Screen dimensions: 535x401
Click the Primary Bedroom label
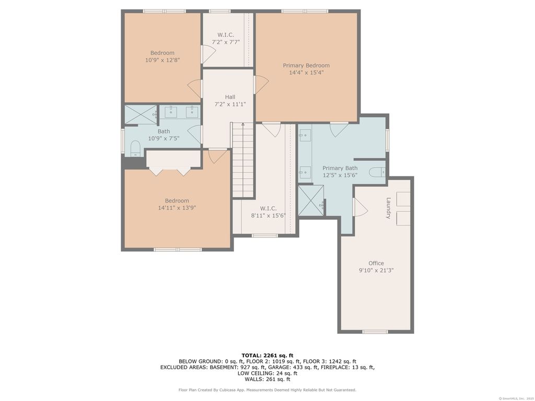coord(306,65)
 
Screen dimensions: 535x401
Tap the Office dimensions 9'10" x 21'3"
coord(376,270)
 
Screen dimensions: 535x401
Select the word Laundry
coord(388,208)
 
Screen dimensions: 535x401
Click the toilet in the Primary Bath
coord(377,172)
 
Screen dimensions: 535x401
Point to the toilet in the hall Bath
coord(135,149)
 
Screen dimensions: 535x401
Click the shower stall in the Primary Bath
coord(311,200)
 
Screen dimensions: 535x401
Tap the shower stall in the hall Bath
coord(141,114)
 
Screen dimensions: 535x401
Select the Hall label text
coord(230,97)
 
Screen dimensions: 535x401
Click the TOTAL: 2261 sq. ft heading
coord(267,355)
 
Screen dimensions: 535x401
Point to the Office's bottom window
coord(375,332)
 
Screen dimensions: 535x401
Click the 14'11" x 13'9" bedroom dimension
coord(177,208)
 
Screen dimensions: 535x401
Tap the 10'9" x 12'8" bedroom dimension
coord(162,60)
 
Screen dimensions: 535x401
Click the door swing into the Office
coord(360,207)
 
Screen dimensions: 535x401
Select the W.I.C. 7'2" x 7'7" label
coord(226,38)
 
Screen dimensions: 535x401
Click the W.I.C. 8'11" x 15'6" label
coord(268,212)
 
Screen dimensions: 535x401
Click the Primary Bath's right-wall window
coord(387,140)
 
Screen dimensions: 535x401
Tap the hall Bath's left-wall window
coord(123,140)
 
